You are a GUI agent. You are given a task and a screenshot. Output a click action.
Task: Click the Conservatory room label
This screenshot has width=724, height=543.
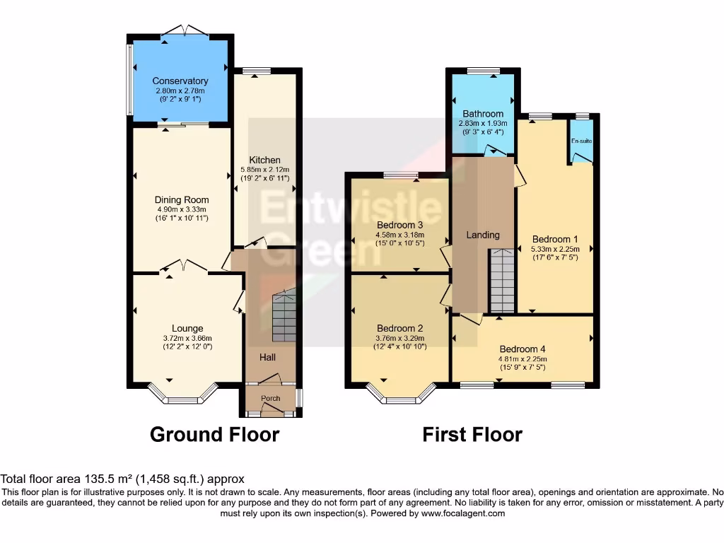(x=180, y=81)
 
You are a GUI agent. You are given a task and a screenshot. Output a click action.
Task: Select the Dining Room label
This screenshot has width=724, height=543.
(x=182, y=200)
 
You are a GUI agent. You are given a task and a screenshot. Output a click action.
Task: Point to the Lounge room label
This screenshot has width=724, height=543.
(x=187, y=328)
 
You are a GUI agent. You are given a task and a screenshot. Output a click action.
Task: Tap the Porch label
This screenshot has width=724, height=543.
(x=271, y=399)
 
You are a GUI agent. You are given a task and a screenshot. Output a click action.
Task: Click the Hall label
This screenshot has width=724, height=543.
(x=267, y=358)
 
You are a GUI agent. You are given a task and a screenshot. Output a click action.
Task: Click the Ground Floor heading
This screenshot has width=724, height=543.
(x=214, y=434)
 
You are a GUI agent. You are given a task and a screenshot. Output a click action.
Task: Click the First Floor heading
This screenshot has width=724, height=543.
(x=472, y=434)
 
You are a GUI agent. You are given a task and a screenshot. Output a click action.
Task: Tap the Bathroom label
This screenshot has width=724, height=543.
(x=483, y=114)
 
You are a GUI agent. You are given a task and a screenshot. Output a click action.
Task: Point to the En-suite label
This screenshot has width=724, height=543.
(x=582, y=141)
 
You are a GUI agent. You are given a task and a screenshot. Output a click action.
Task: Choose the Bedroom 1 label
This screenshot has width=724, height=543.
(x=555, y=239)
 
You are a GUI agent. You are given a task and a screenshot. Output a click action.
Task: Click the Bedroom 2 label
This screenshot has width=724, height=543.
(x=400, y=328)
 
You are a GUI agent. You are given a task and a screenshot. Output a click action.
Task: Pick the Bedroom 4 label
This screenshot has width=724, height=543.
(x=522, y=349)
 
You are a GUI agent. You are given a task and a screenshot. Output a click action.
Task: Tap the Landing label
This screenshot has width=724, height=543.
(x=484, y=235)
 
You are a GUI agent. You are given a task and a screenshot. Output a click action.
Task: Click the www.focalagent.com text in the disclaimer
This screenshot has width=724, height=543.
(x=462, y=513)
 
